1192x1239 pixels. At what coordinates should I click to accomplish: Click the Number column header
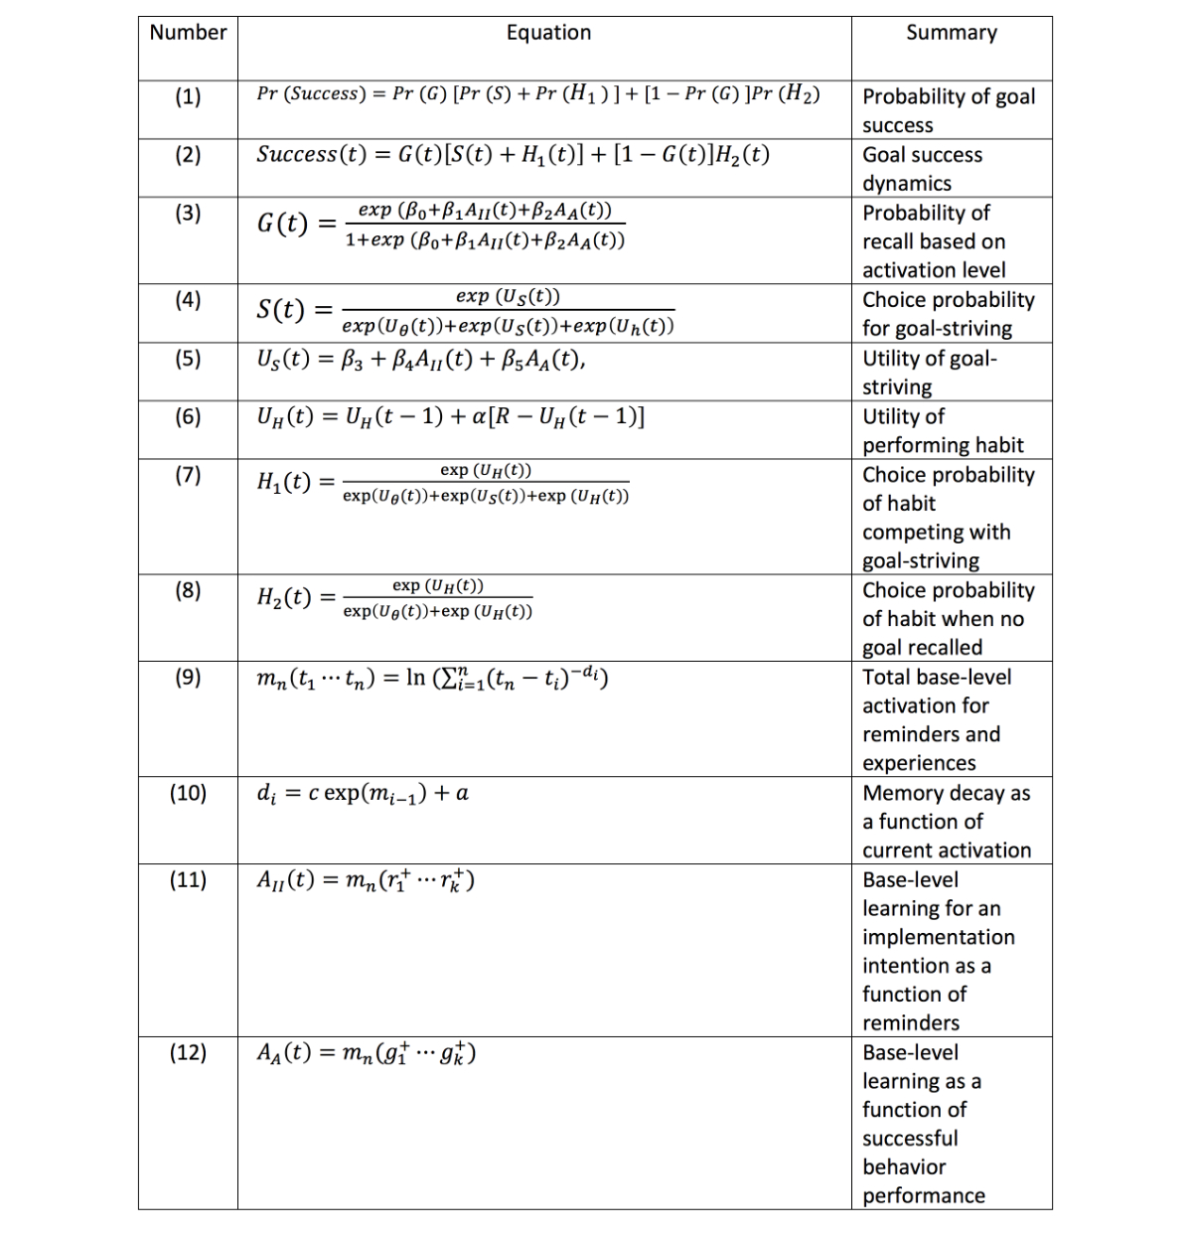pyautogui.click(x=188, y=33)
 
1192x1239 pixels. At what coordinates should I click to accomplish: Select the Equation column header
pyautogui.click(x=548, y=33)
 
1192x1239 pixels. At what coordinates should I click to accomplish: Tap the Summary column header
pyautogui.click(x=951, y=33)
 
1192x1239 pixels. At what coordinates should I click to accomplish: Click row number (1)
pyautogui.click(x=188, y=96)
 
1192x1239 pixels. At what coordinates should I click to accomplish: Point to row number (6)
pyautogui.click(x=188, y=416)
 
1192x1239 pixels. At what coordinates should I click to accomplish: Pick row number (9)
pyautogui.click(x=188, y=677)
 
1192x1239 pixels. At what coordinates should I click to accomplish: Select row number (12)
pyautogui.click(x=188, y=1052)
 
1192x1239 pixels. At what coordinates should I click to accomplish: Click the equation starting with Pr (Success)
pyautogui.click(x=537, y=94)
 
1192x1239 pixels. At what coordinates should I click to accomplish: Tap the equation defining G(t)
pyautogui.click(x=441, y=225)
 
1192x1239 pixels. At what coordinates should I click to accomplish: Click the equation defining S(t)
pyautogui.click(x=465, y=311)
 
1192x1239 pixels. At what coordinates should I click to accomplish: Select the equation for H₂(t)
pyautogui.click(x=394, y=598)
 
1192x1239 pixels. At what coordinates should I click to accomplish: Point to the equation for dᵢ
pyautogui.click(x=363, y=793)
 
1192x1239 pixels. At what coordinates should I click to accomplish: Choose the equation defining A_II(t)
pyautogui.click(x=365, y=880)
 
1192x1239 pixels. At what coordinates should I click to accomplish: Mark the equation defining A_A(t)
pyautogui.click(x=366, y=1053)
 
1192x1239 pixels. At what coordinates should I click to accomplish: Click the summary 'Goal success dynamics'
pyautogui.click(x=922, y=169)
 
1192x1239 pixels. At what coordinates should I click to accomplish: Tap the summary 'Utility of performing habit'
pyautogui.click(x=942, y=430)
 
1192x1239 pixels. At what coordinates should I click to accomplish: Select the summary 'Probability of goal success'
pyautogui.click(x=948, y=110)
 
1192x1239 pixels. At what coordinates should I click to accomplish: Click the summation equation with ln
pyautogui.click(x=432, y=679)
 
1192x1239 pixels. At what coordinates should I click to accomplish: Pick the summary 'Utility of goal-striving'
pyautogui.click(x=929, y=373)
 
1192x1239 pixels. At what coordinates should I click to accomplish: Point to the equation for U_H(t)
pyautogui.click(x=450, y=417)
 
